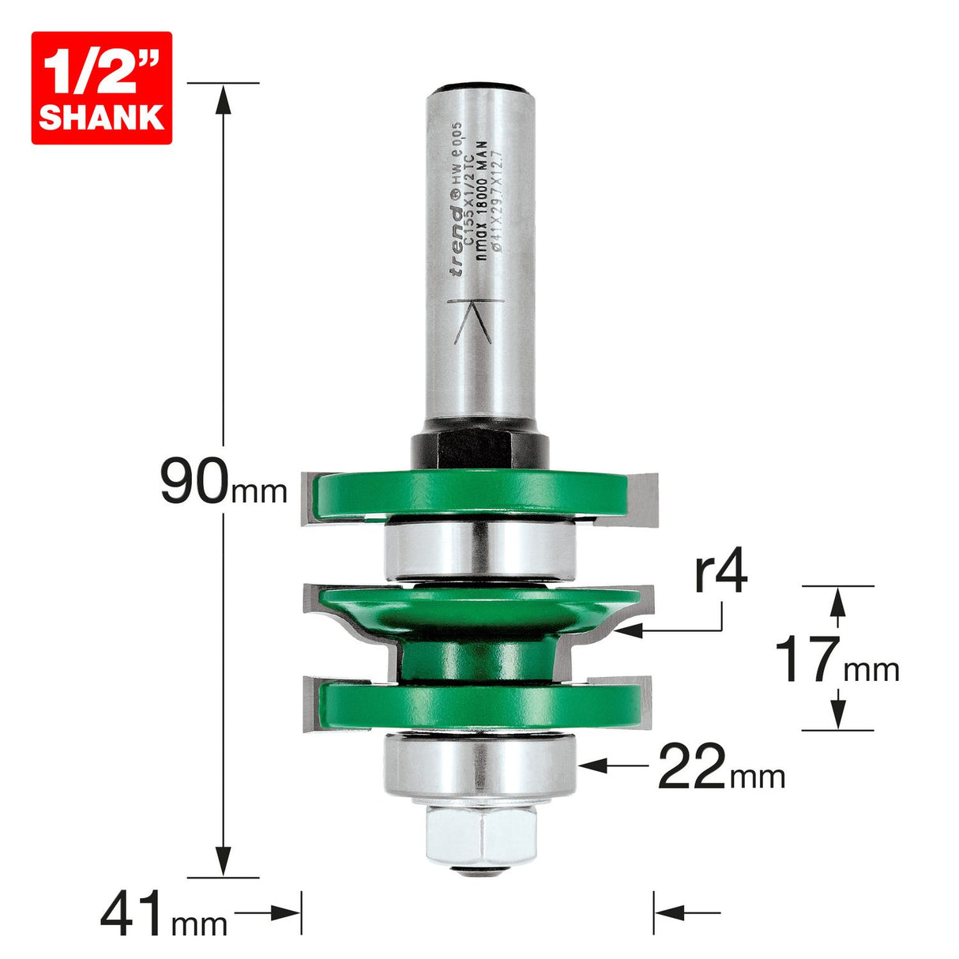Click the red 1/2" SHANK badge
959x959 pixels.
pyautogui.click(x=101, y=88)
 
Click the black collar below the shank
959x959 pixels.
pyautogui.click(x=479, y=450)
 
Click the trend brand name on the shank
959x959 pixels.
pyautogui.click(x=457, y=240)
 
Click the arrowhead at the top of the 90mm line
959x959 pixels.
pyautogui.click(x=224, y=99)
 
